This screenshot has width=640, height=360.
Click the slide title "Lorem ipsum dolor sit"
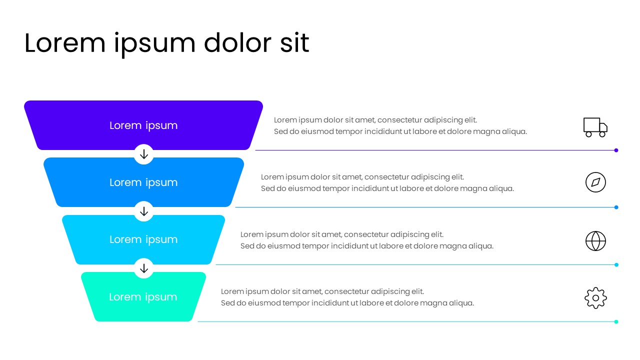166,43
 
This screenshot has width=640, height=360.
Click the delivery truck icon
595,127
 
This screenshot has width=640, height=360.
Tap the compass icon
595,182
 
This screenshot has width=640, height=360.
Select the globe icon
595,241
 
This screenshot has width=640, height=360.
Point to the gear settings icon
595,298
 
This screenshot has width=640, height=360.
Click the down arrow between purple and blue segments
144,154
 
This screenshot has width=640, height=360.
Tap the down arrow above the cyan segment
144,211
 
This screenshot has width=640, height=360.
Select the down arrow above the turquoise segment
144,268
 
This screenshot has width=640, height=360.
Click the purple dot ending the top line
616,150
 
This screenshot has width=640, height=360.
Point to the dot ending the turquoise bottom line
616,321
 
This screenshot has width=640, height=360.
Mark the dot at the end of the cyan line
616,264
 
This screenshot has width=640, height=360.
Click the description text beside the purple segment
400,126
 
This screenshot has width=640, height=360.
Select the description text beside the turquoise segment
347,297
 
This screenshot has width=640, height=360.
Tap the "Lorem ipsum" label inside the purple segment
143,125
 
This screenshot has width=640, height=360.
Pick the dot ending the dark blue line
616,207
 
